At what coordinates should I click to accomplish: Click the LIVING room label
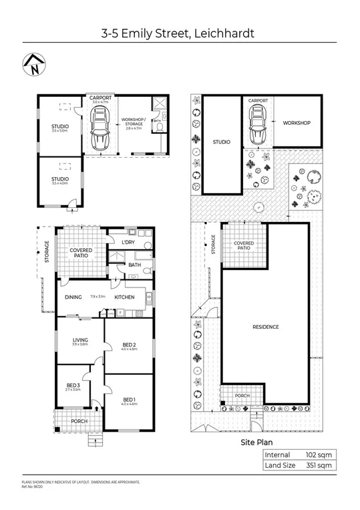80,342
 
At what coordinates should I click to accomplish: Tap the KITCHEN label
124,297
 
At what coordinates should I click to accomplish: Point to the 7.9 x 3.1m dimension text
98,297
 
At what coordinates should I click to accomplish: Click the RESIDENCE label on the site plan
265,327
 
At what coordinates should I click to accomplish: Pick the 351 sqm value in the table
319,465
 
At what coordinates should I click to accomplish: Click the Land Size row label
281,465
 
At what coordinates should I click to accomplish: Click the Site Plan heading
257,442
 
